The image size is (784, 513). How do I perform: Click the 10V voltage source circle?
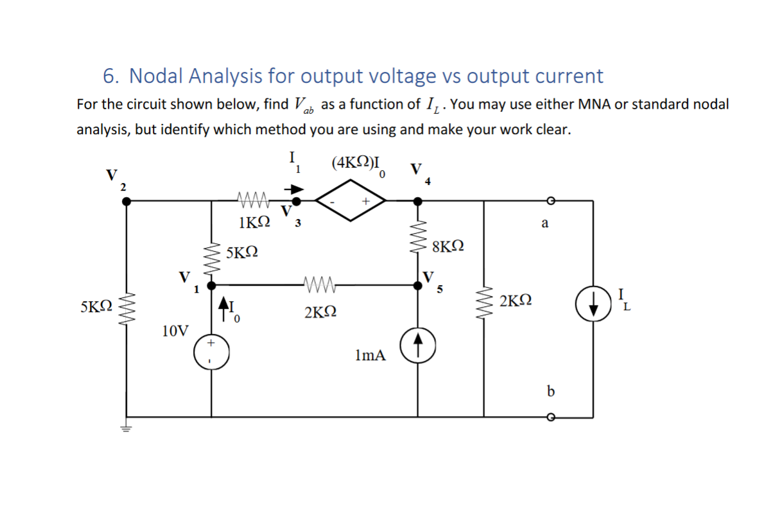210,353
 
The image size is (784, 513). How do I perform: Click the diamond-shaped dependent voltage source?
350,200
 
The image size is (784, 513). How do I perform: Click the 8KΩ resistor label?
448,246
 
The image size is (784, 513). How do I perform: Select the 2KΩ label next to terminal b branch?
516,300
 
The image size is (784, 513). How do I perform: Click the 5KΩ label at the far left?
96,306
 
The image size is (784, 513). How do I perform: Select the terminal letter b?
550,390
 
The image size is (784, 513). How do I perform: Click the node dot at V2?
126,201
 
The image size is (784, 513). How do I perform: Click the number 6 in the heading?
109,76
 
